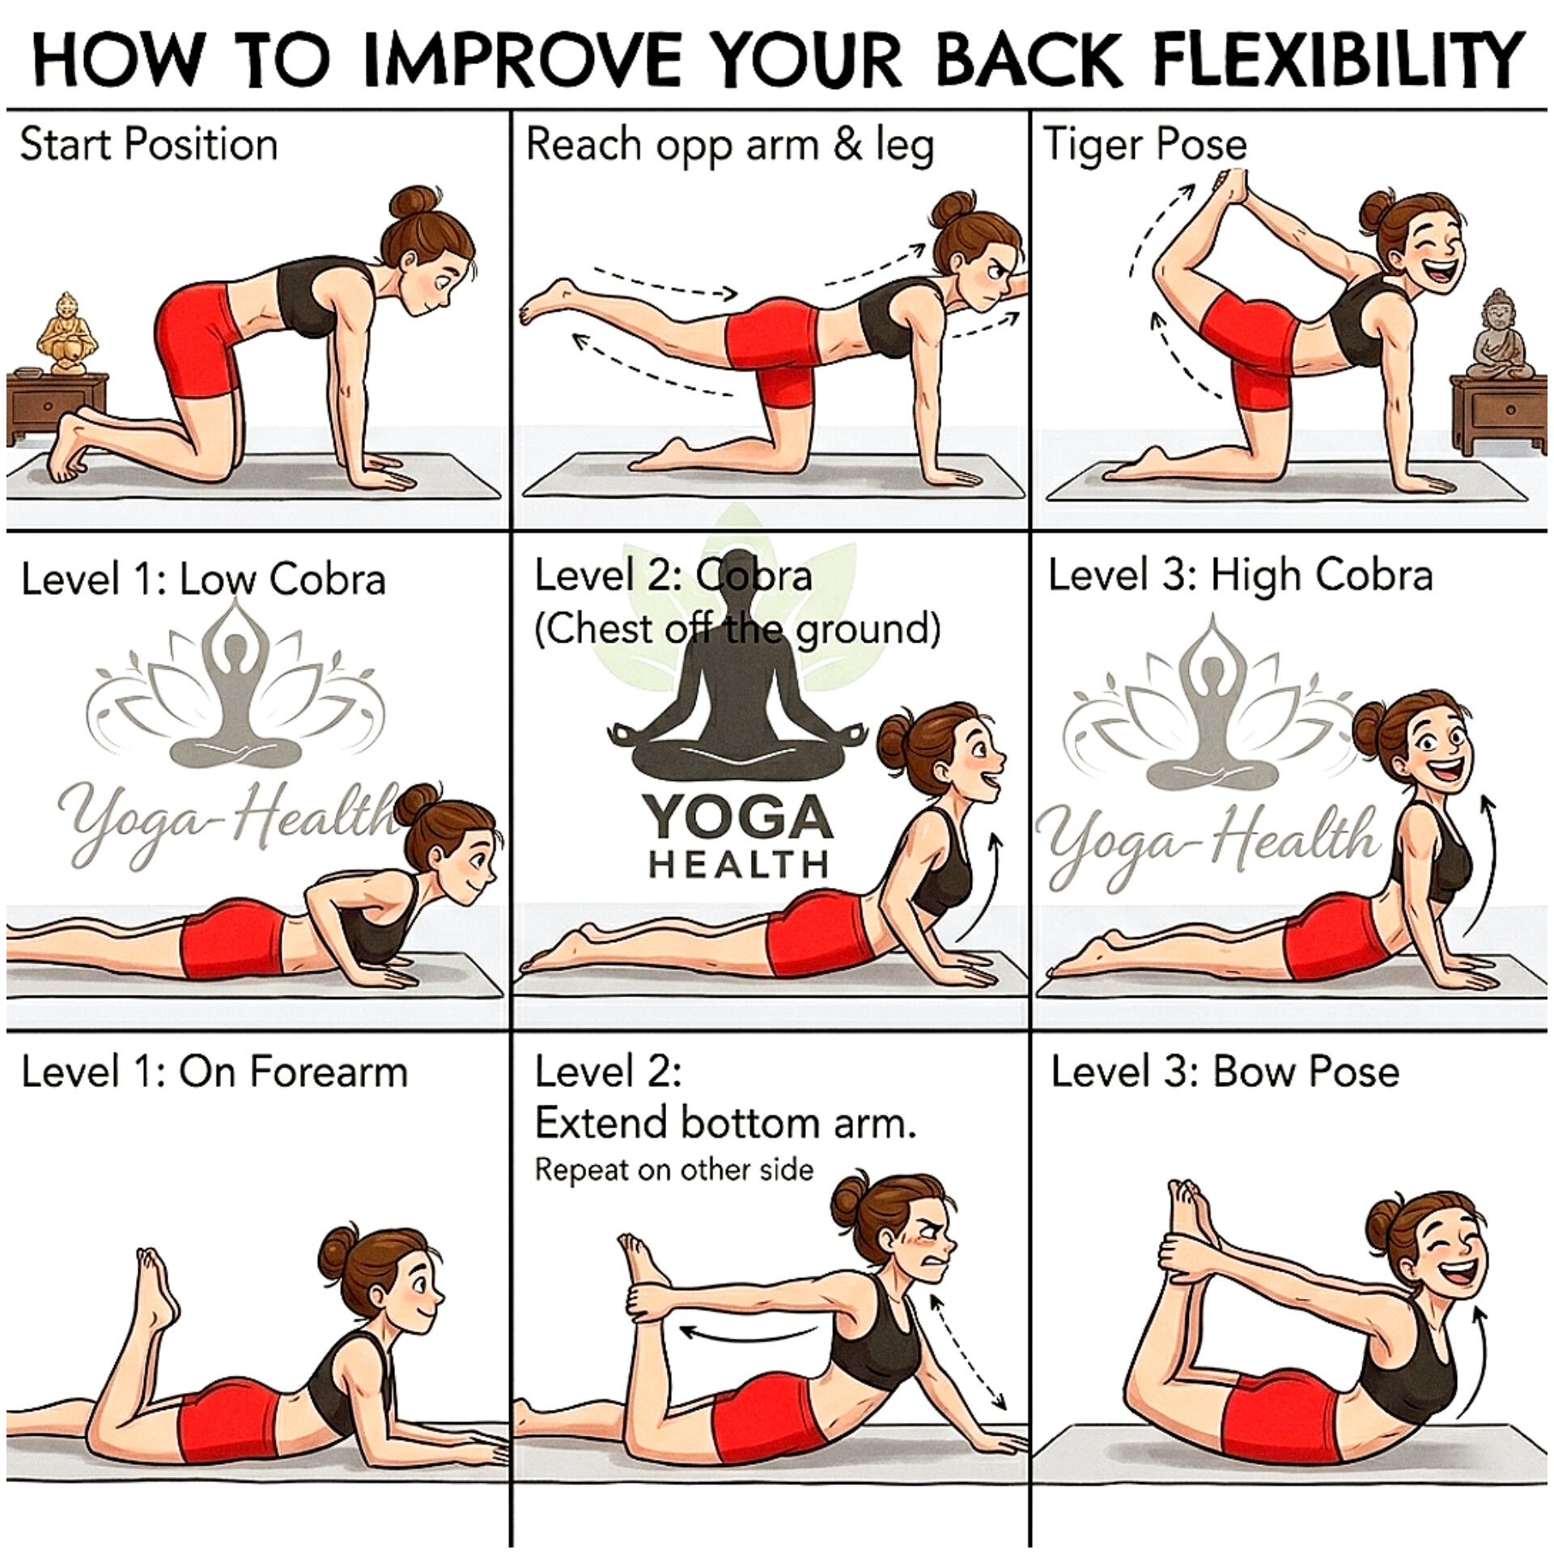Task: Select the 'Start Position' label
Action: click(148, 146)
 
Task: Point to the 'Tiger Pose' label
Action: click(1144, 146)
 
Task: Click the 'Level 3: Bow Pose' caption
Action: click(1225, 1072)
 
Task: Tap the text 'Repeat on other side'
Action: click(673, 1170)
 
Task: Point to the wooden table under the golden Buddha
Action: click(57, 409)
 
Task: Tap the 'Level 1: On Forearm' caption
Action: click(214, 1072)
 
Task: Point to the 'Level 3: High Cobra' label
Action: click(1240, 576)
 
